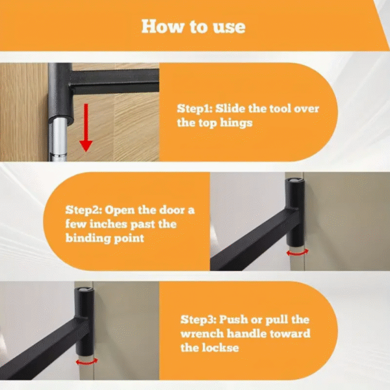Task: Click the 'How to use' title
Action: pyautogui.click(x=194, y=26)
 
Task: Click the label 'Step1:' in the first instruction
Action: pyautogui.click(x=194, y=109)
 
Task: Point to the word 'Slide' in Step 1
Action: pyautogui.click(x=232, y=109)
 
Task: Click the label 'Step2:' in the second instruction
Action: pyautogui.click(x=83, y=210)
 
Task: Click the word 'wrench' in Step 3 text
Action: pyautogui.click(x=201, y=334)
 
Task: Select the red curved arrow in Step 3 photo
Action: pyautogui.click(x=86, y=361)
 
